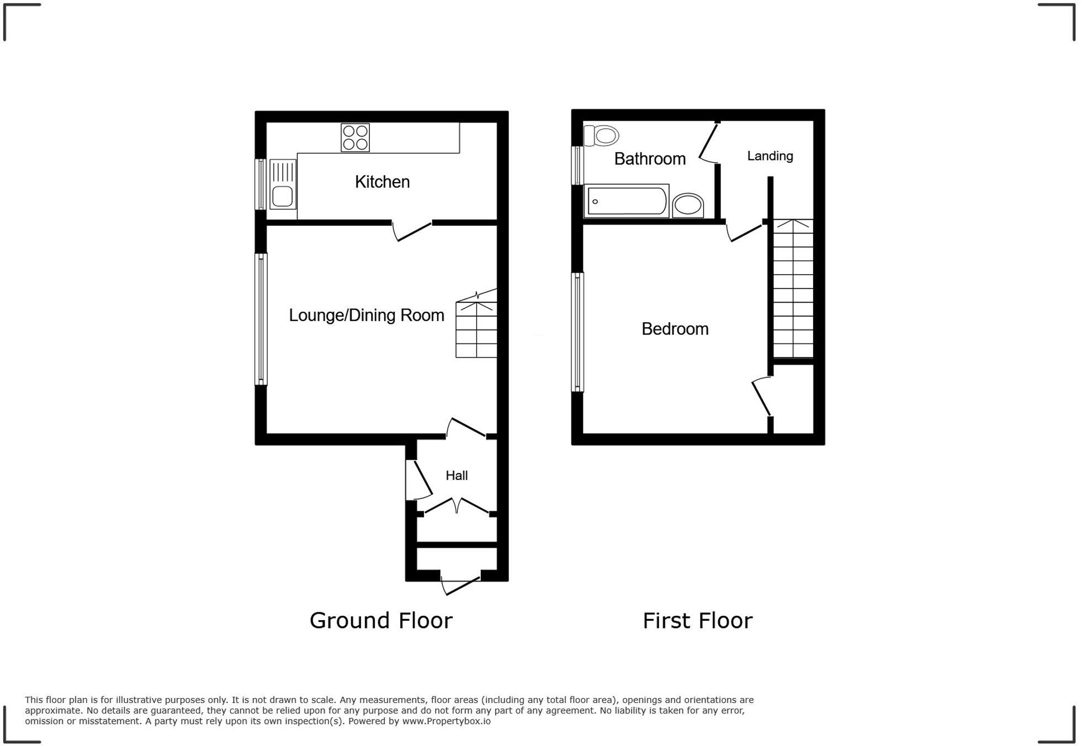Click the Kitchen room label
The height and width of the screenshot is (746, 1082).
click(382, 182)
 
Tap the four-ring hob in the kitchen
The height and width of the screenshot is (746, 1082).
click(355, 137)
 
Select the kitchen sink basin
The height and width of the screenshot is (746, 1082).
click(282, 196)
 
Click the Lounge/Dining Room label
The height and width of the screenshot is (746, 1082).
click(367, 315)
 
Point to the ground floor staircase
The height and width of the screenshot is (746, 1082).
click(476, 329)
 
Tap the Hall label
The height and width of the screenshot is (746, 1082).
click(457, 475)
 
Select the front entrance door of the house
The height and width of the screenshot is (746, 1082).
click(462, 585)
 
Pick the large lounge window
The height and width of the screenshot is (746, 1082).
click(261, 318)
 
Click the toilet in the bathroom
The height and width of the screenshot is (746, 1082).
click(602, 135)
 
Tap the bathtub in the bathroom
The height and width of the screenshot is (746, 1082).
click(626, 201)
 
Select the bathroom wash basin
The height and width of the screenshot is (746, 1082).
click(688, 205)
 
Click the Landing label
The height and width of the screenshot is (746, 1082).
click(770, 156)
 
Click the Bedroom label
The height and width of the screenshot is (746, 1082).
click(675, 329)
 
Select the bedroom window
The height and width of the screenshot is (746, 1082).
click(577, 332)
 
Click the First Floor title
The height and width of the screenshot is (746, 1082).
click(697, 621)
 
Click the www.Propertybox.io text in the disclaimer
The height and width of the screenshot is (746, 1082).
click(446, 721)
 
